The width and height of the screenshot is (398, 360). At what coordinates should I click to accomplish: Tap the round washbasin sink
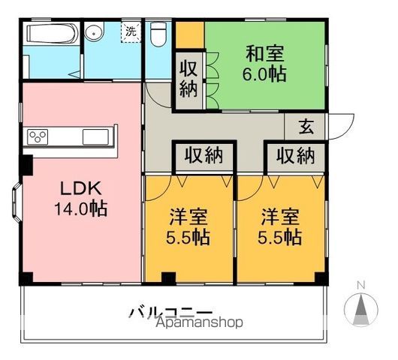point(95,32)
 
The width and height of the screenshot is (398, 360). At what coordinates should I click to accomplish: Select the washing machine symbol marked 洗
point(131,32)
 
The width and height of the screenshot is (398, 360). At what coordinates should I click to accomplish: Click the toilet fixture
point(158,34)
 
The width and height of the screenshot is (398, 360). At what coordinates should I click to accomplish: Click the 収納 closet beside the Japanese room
point(188,79)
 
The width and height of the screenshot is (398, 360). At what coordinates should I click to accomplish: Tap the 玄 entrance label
point(307,126)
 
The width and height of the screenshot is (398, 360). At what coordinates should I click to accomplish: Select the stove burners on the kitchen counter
point(38,136)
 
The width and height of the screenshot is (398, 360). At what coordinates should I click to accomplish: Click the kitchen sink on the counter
point(95,136)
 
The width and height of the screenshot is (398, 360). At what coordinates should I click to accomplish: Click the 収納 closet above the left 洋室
point(204,156)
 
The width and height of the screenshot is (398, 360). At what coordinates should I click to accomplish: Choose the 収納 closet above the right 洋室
point(294,156)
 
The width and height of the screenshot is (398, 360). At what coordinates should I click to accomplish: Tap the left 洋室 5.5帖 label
point(188,227)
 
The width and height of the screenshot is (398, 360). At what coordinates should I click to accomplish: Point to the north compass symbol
point(360,306)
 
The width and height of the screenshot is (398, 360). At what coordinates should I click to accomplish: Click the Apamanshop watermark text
point(200,323)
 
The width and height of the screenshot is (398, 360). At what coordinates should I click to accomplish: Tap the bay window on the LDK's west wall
point(17,202)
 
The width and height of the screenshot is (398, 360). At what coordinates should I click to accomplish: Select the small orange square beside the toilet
point(188,34)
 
